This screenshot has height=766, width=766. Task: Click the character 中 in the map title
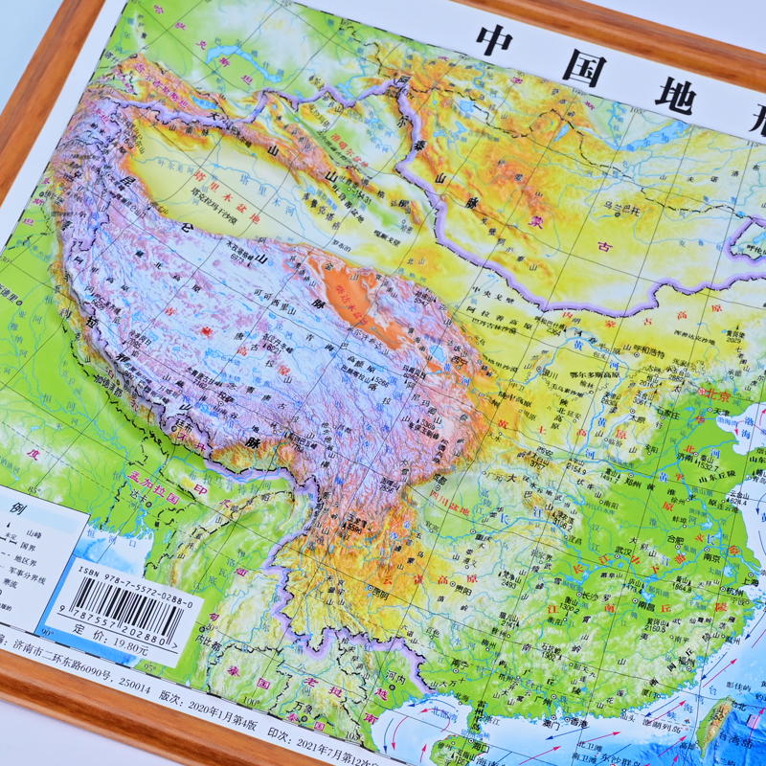506,43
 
